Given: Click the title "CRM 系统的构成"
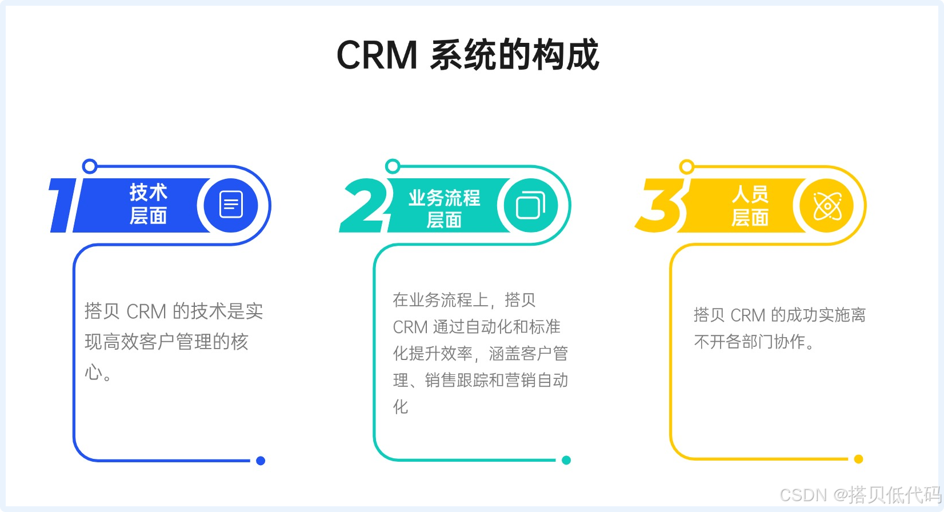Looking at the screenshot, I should (x=467, y=55).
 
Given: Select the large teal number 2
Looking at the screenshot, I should (x=363, y=205).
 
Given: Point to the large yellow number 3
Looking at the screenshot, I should (x=662, y=205).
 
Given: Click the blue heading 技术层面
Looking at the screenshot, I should (x=148, y=204).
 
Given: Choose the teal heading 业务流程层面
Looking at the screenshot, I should (x=444, y=208).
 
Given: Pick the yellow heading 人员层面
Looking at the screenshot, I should (x=750, y=206).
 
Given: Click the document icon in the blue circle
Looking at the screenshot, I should (x=231, y=205).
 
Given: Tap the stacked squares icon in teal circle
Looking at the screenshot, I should (x=530, y=205).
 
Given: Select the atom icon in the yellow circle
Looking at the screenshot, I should (x=827, y=206).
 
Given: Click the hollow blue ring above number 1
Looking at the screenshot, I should (x=90, y=166).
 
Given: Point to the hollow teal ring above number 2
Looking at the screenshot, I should (x=393, y=166).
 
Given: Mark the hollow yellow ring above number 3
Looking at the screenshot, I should (x=687, y=167).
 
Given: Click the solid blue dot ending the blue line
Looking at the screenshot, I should (x=261, y=461).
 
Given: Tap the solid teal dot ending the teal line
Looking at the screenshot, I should (x=566, y=460).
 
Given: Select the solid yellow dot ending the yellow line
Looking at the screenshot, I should (x=858, y=459).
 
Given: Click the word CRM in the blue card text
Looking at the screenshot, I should (x=146, y=312).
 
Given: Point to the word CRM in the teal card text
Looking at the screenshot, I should (x=410, y=327).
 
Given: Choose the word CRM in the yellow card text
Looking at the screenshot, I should (x=747, y=315).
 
